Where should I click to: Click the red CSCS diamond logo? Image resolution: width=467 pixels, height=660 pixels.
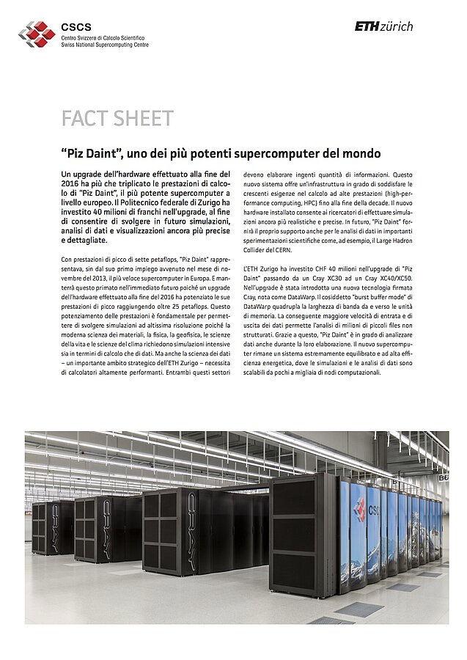coord(36,34)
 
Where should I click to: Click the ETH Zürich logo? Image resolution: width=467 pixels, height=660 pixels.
coord(383,26)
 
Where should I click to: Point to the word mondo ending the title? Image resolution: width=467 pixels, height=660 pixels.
coord(361,153)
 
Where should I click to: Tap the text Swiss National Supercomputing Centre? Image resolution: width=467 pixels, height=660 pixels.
coord(104,45)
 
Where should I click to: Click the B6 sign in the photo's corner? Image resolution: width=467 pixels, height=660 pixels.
coord(442,477)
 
